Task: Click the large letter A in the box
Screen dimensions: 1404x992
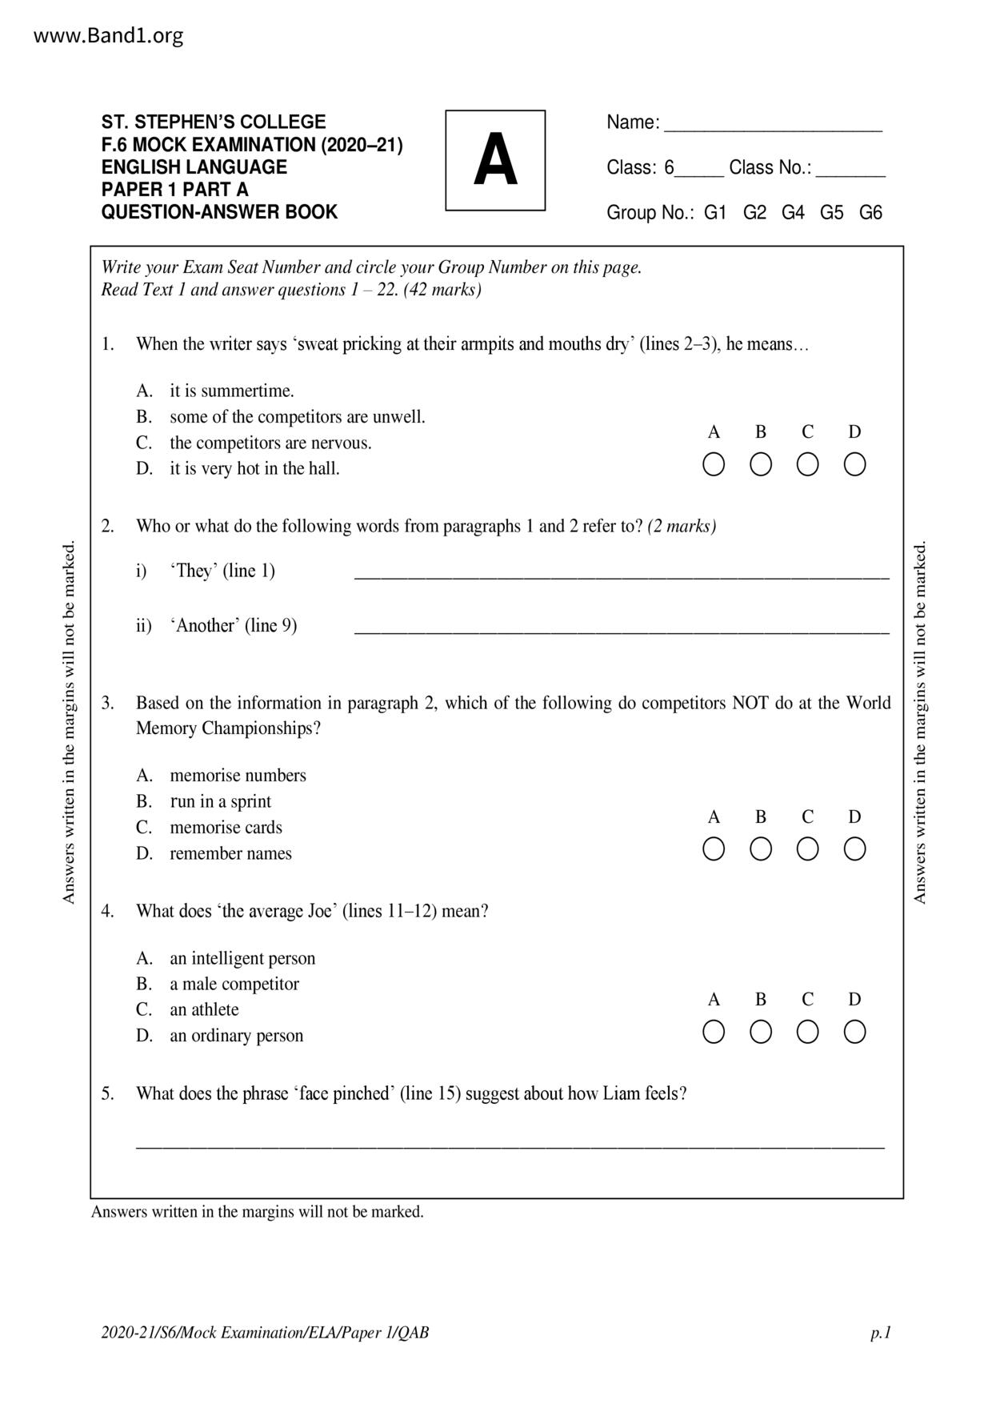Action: tap(495, 160)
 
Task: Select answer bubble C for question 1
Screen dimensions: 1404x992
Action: tap(807, 464)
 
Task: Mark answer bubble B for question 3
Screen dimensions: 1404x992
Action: tap(760, 849)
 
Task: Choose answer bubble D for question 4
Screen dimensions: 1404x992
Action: tap(854, 1032)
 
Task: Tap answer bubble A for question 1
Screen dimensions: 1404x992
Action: tap(714, 464)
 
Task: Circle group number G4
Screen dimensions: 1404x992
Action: tap(793, 213)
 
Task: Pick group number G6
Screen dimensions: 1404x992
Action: tap(870, 213)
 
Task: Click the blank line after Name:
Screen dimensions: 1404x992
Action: tap(773, 127)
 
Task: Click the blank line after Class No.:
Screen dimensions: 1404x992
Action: tap(850, 172)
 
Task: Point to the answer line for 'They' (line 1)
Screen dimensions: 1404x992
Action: tap(621, 575)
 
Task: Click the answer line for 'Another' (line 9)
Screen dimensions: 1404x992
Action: tap(621, 630)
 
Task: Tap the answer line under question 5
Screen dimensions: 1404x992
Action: tap(510, 1145)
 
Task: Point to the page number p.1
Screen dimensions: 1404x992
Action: tap(881, 1333)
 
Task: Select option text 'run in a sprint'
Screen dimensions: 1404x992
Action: tap(220, 801)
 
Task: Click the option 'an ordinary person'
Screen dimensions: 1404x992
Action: tap(236, 1035)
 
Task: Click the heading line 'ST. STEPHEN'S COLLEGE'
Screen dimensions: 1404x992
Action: tap(214, 122)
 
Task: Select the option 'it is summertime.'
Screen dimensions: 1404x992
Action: tap(231, 391)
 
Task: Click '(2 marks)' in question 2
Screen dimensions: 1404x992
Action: tap(682, 526)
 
